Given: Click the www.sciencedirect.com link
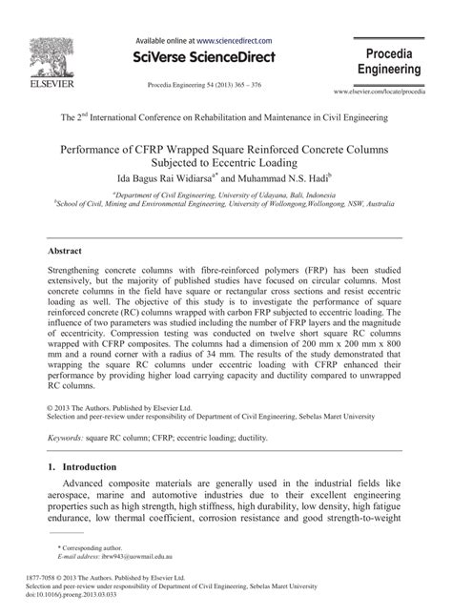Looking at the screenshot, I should point(235,41).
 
